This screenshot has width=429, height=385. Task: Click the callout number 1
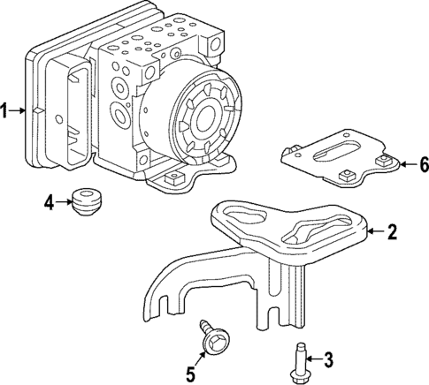5,111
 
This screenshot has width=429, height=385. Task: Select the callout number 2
392,232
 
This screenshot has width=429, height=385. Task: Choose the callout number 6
423,164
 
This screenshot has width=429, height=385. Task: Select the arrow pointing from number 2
375,232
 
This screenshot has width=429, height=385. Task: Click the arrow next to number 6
406,164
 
